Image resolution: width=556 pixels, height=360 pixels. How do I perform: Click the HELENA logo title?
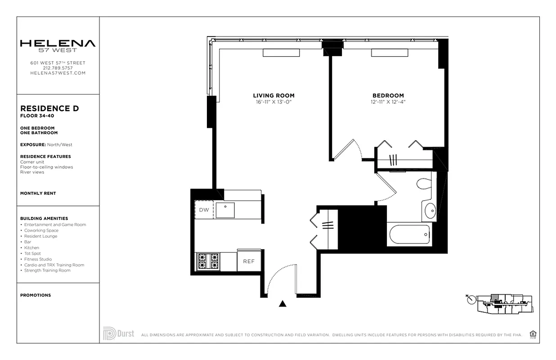pyautogui.click(x=58, y=44)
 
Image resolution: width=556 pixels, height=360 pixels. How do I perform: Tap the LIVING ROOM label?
pyautogui.click(x=274, y=95)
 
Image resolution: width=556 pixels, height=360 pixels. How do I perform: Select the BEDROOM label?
pyautogui.click(x=388, y=95)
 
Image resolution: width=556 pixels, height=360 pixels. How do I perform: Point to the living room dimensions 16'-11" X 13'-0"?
pyautogui.click(x=274, y=102)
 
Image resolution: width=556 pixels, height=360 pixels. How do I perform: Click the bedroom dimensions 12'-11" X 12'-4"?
pyautogui.click(x=388, y=102)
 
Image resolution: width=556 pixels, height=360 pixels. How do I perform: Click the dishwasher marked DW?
pyautogui.click(x=204, y=210)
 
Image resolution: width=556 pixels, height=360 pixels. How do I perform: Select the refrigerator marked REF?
pyautogui.click(x=249, y=261)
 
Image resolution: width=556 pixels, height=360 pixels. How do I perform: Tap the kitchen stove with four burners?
pyautogui.click(x=208, y=261)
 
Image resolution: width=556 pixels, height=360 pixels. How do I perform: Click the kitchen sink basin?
pyautogui.click(x=225, y=210)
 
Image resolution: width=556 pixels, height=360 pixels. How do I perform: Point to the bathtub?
pyautogui.click(x=409, y=235)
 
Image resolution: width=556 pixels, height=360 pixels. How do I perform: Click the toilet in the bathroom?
pyautogui.click(x=424, y=184)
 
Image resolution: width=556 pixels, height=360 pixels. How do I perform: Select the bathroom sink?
pyautogui.click(x=430, y=210)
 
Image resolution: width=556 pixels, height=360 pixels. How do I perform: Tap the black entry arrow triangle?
pyautogui.click(x=282, y=304)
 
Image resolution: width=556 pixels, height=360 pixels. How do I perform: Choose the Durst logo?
pyautogui.click(x=118, y=333)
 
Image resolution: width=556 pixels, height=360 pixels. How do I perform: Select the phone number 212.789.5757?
pyautogui.click(x=58, y=68)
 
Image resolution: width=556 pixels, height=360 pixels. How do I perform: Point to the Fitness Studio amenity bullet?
pyautogui.click(x=39, y=259)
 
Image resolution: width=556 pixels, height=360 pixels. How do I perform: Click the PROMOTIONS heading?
pyautogui.click(x=36, y=295)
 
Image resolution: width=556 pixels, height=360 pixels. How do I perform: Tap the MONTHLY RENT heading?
pyautogui.click(x=38, y=193)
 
